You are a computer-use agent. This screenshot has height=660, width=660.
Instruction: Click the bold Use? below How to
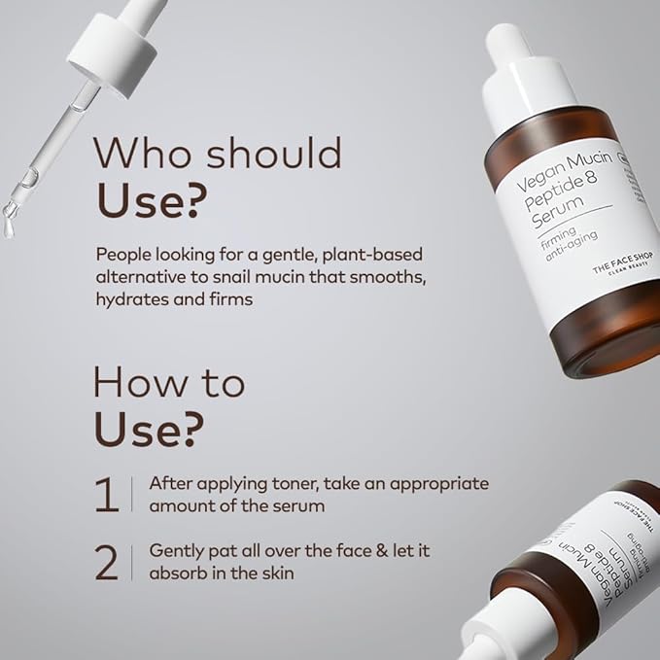pos(151,427)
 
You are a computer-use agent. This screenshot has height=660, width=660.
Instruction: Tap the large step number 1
pos(106,493)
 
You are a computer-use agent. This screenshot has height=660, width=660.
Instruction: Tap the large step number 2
pos(107,562)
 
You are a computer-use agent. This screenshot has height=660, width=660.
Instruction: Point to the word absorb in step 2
pos(176,573)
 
